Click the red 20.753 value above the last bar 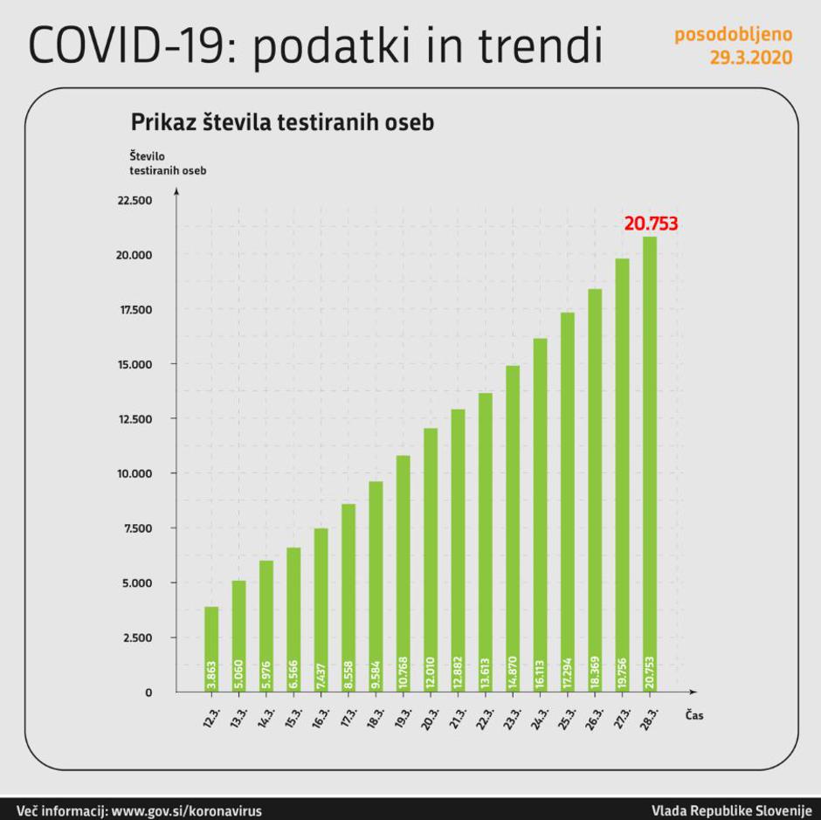[x=651, y=224]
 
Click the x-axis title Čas [x=694, y=715]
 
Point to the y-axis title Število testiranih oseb [x=168, y=162]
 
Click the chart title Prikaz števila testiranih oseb [x=282, y=122]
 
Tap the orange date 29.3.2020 [x=752, y=58]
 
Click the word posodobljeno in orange [x=734, y=35]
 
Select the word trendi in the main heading [x=546, y=45]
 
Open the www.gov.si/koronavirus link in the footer [x=187, y=810]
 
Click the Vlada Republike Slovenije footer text [x=731, y=810]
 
